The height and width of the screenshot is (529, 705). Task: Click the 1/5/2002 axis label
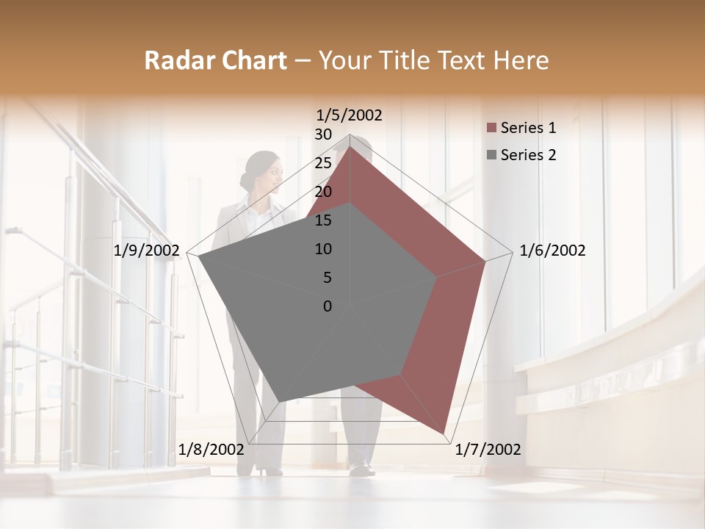click(x=350, y=115)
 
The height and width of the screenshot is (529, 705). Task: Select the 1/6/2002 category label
click(x=552, y=251)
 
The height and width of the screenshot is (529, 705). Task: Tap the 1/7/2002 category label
click(x=488, y=450)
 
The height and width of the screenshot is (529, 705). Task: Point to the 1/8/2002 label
click(x=211, y=450)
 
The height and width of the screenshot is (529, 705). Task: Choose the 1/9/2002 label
click(x=147, y=251)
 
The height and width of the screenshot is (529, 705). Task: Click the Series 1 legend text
click(x=528, y=128)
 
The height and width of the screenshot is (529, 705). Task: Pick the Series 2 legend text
click(x=528, y=155)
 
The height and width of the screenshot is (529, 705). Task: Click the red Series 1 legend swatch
click(x=491, y=129)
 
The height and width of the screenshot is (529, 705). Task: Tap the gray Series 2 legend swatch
click(x=491, y=155)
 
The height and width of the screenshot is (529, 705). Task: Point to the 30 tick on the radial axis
click(x=323, y=134)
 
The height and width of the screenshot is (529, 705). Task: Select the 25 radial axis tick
click(x=323, y=163)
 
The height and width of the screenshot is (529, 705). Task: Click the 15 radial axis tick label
click(x=323, y=220)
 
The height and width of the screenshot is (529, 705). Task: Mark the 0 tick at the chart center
click(x=328, y=306)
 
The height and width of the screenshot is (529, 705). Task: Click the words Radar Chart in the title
click(x=215, y=60)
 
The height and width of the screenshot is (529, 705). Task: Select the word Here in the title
click(x=521, y=60)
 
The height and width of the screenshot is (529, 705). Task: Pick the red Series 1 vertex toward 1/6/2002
click(x=485, y=261)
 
